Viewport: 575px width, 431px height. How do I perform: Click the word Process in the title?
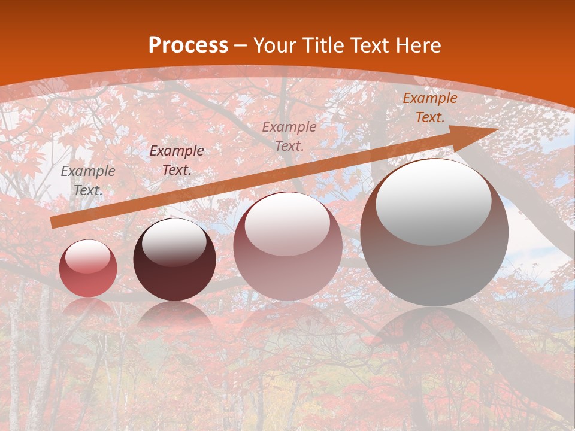pos(188,45)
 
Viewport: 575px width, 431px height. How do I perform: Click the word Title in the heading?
pos(322,45)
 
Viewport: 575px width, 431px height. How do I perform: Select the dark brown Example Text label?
pos(177,160)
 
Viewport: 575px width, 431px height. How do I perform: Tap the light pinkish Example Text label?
pos(289,136)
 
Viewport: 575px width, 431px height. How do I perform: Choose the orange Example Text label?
pos(430,108)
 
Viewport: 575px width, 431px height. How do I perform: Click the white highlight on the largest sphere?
pos(433,202)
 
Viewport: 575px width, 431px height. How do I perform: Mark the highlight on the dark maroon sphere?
pos(174,242)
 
